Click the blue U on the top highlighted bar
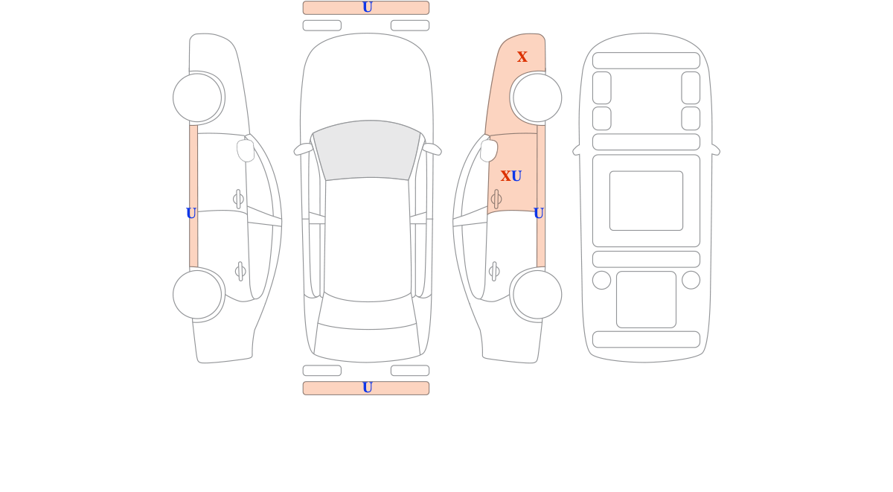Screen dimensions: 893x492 (x=367, y=7)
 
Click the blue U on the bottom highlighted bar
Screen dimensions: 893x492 (x=367, y=388)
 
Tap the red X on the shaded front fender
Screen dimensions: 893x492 (x=522, y=57)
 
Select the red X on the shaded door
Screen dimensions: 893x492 (x=505, y=176)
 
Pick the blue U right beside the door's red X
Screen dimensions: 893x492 (x=516, y=176)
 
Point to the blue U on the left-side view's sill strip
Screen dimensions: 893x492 (x=191, y=214)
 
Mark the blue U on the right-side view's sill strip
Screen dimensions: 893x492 (x=539, y=214)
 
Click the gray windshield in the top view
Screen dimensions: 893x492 (x=367, y=150)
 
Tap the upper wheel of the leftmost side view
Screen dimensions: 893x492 (x=197, y=98)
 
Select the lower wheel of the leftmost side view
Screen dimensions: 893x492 (x=197, y=295)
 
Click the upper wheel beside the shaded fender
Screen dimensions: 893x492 (x=537, y=98)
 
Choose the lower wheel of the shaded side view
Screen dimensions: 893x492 (x=537, y=295)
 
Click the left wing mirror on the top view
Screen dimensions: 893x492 (x=303, y=149)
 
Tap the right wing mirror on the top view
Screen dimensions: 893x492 (x=432, y=149)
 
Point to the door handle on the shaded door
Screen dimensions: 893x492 (x=496, y=199)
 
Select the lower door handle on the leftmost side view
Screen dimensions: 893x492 (x=240, y=272)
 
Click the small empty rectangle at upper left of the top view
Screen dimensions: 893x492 (x=322, y=25)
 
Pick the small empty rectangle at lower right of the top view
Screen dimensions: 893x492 (x=410, y=371)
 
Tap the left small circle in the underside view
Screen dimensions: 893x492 (x=601, y=280)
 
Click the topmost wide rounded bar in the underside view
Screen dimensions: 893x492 (x=646, y=60)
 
